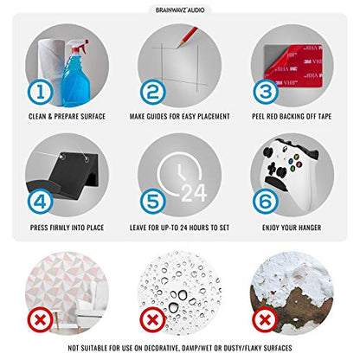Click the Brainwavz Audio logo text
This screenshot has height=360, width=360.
180,10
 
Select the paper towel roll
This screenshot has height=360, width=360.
51,69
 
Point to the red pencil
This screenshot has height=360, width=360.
188,37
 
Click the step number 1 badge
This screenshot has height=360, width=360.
41,93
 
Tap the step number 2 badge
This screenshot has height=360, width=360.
153,93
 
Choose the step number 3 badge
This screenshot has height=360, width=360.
266,92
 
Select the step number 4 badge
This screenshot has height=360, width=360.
41,202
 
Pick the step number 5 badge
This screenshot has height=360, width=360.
153,202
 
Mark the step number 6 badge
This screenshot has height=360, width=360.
266,202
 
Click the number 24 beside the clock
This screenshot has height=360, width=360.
194,193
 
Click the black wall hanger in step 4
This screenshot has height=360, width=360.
67,175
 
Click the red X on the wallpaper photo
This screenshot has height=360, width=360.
41,320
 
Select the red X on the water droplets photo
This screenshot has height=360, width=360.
153,320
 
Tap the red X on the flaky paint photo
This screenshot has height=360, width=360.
265,320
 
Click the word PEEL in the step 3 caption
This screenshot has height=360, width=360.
258,116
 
